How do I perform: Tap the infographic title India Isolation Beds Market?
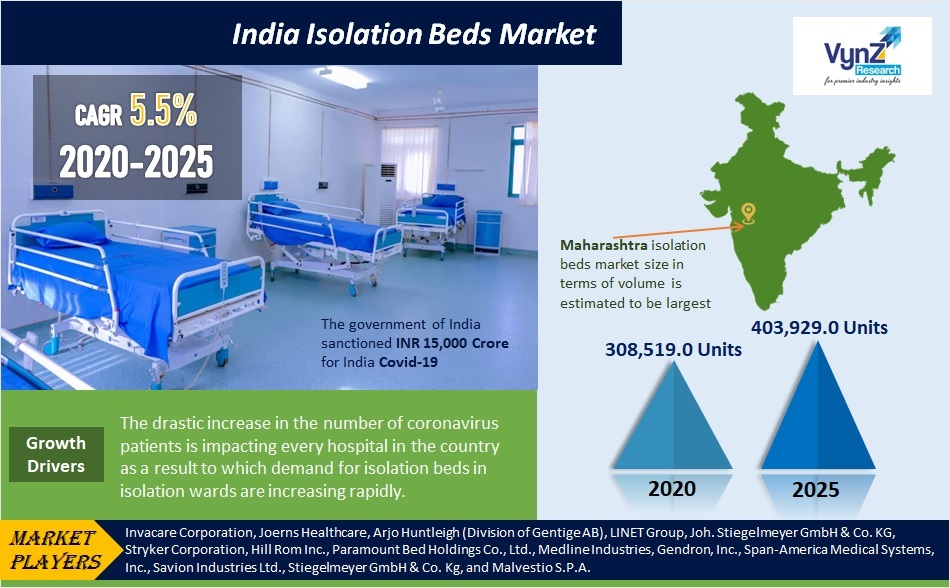tap(413, 35)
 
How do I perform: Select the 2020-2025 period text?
tap(137, 160)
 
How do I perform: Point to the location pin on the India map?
tap(748, 212)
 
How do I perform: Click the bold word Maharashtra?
tap(603, 244)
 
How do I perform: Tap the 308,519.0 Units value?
tap(672, 349)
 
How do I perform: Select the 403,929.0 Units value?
tap(818, 326)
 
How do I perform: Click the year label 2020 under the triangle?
tap(672, 490)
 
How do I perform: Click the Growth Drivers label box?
tap(56, 454)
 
